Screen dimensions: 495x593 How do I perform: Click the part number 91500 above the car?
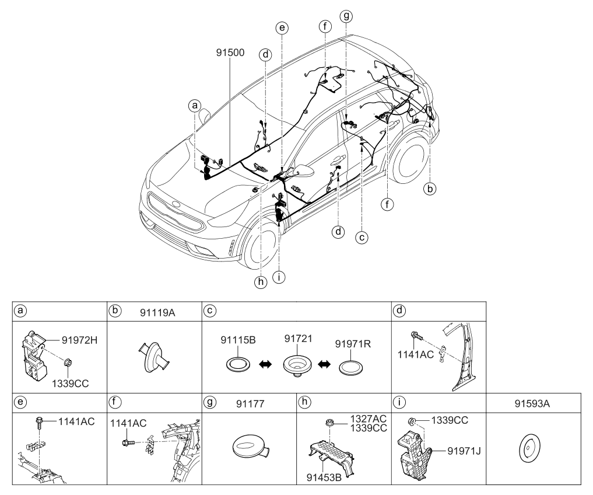228,52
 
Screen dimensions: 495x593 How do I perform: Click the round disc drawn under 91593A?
527,450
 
